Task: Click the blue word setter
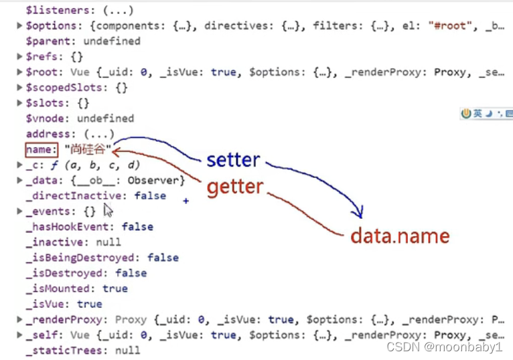pyautogui.click(x=232, y=160)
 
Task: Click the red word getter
pyautogui.click(x=235, y=187)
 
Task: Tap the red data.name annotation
pyautogui.click(x=400, y=236)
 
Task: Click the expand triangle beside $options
pyautogui.click(x=19, y=25)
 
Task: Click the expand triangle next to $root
pyautogui.click(x=19, y=72)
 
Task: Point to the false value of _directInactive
pyautogui.click(x=149, y=195)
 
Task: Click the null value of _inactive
pyautogui.click(x=108, y=242)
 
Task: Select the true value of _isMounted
pyautogui.click(x=115, y=288)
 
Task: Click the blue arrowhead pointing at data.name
pyautogui.click(x=358, y=213)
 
